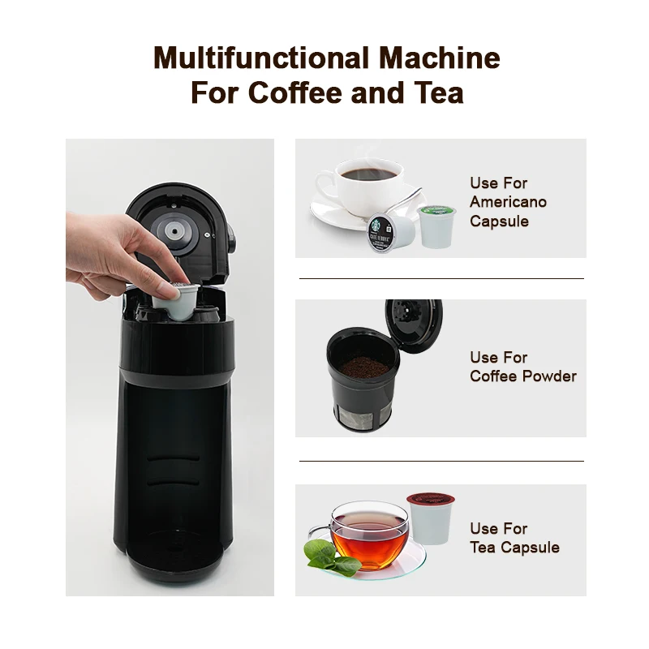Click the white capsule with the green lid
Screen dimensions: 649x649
(x=437, y=226)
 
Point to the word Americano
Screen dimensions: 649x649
(x=508, y=202)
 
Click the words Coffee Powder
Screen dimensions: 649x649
(x=522, y=376)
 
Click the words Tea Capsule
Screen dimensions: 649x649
(x=514, y=548)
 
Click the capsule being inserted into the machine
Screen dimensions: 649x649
(x=174, y=300)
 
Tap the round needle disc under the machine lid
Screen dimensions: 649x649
(x=173, y=232)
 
